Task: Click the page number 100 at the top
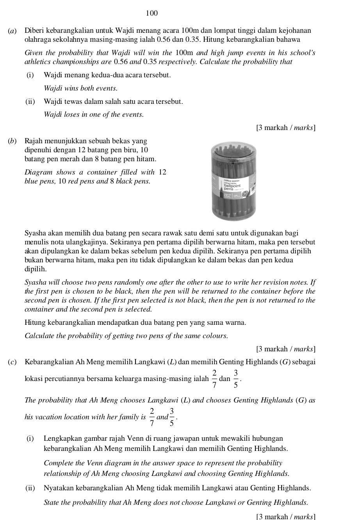coord(152,14)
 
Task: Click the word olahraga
coord(38,39)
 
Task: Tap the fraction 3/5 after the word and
coord(171,417)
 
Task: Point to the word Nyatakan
coord(57,488)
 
